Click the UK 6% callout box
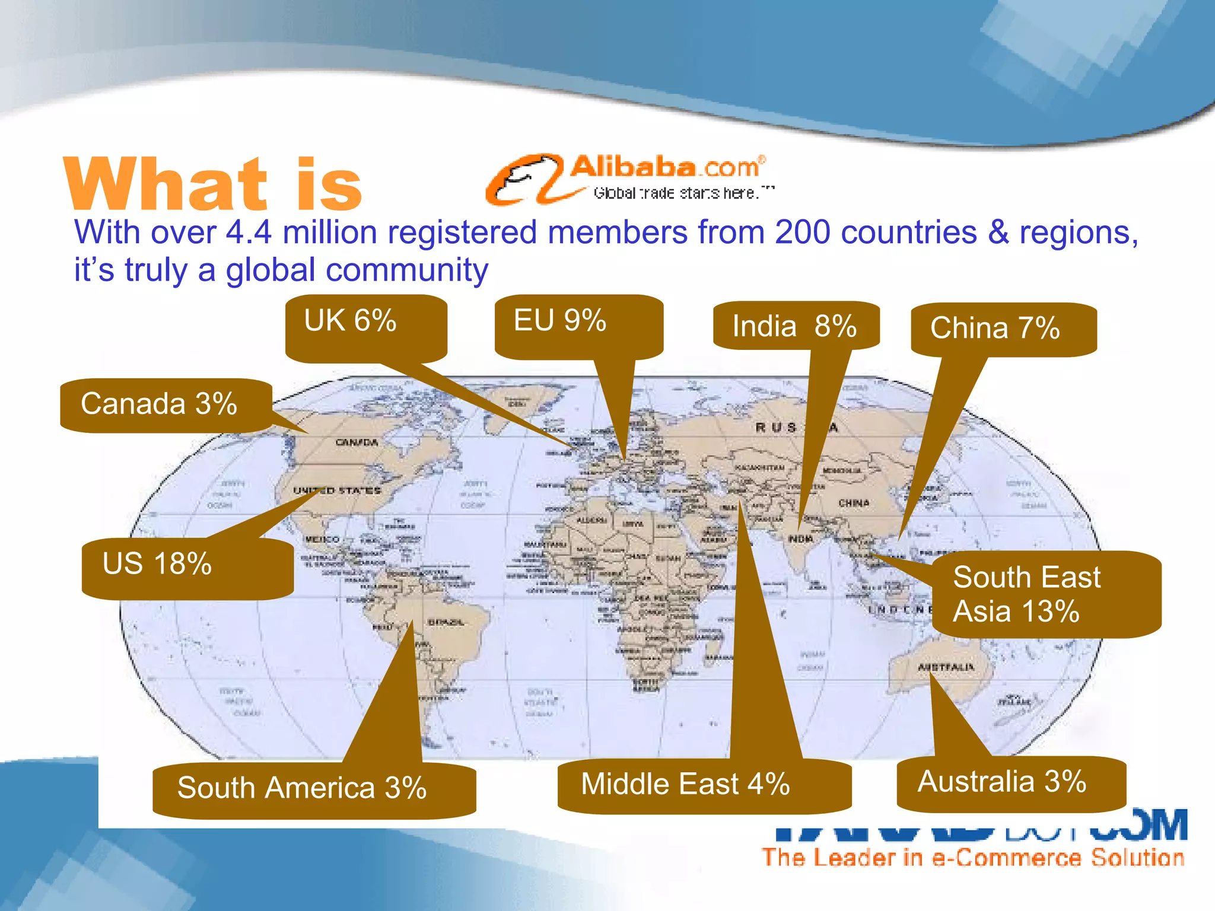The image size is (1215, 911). point(365,328)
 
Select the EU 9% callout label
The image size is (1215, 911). point(578,326)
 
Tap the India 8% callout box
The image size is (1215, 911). point(795,326)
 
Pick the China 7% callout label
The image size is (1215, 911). point(1003,329)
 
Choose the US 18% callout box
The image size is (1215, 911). point(187,568)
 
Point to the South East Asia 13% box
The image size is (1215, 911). point(1045,594)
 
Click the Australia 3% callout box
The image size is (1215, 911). point(1010,783)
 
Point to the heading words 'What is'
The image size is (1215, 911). point(212,184)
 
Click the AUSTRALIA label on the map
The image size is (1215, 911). point(946,667)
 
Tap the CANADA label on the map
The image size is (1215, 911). point(357,442)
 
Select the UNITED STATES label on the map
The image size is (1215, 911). point(337,490)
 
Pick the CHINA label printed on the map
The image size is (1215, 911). point(854,503)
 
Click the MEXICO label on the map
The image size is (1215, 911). point(322,540)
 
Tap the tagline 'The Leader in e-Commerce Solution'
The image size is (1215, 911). point(973,858)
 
